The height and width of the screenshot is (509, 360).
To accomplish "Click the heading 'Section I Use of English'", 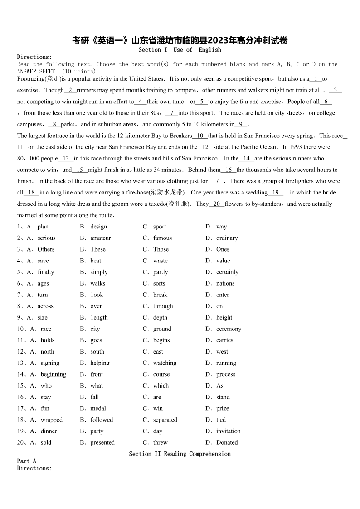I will pos(180,50).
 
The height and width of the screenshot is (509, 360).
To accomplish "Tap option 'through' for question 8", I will pos(163,306).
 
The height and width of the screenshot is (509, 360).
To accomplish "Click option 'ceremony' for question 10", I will pos(229,329).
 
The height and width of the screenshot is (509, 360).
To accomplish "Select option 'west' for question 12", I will pos(222,352).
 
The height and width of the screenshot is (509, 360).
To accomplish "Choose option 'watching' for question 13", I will pos(165,363).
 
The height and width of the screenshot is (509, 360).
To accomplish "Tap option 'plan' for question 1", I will pos(43,227).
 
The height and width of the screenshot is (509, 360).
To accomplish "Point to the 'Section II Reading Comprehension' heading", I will pos(180,454).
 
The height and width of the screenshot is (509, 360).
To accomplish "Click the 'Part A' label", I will pos(27,461).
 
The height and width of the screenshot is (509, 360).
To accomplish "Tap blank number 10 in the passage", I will pos(200,136).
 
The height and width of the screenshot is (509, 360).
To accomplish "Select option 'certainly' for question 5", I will pos(227,272).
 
